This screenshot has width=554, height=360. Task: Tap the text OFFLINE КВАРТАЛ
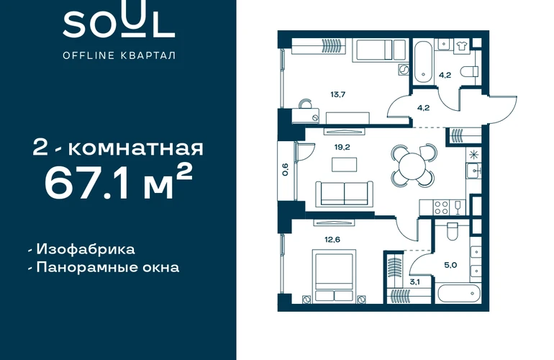pyautogui.click(x=119, y=55)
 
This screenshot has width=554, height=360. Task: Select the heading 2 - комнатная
pyautogui.click(x=118, y=148)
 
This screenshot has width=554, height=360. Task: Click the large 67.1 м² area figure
pyautogui.click(x=119, y=182)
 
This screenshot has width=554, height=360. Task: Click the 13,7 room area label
pyautogui.click(x=337, y=94)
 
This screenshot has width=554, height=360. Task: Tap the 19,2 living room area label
pyautogui.click(x=342, y=147)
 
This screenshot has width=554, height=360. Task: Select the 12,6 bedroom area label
pyautogui.click(x=332, y=240)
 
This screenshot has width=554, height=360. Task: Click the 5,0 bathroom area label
pyautogui.click(x=450, y=265)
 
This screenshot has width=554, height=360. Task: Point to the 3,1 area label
pyautogui.click(x=415, y=282)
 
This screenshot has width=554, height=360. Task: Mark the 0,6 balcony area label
pyautogui.click(x=286, y=169)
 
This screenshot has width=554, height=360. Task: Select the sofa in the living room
pyautogui.click(x=344, y=194)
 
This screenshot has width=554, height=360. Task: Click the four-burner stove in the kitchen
pyautogui.click(x=441, y=207)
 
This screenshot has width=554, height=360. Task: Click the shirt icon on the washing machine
pyautogui.click(x=460, y=46)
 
